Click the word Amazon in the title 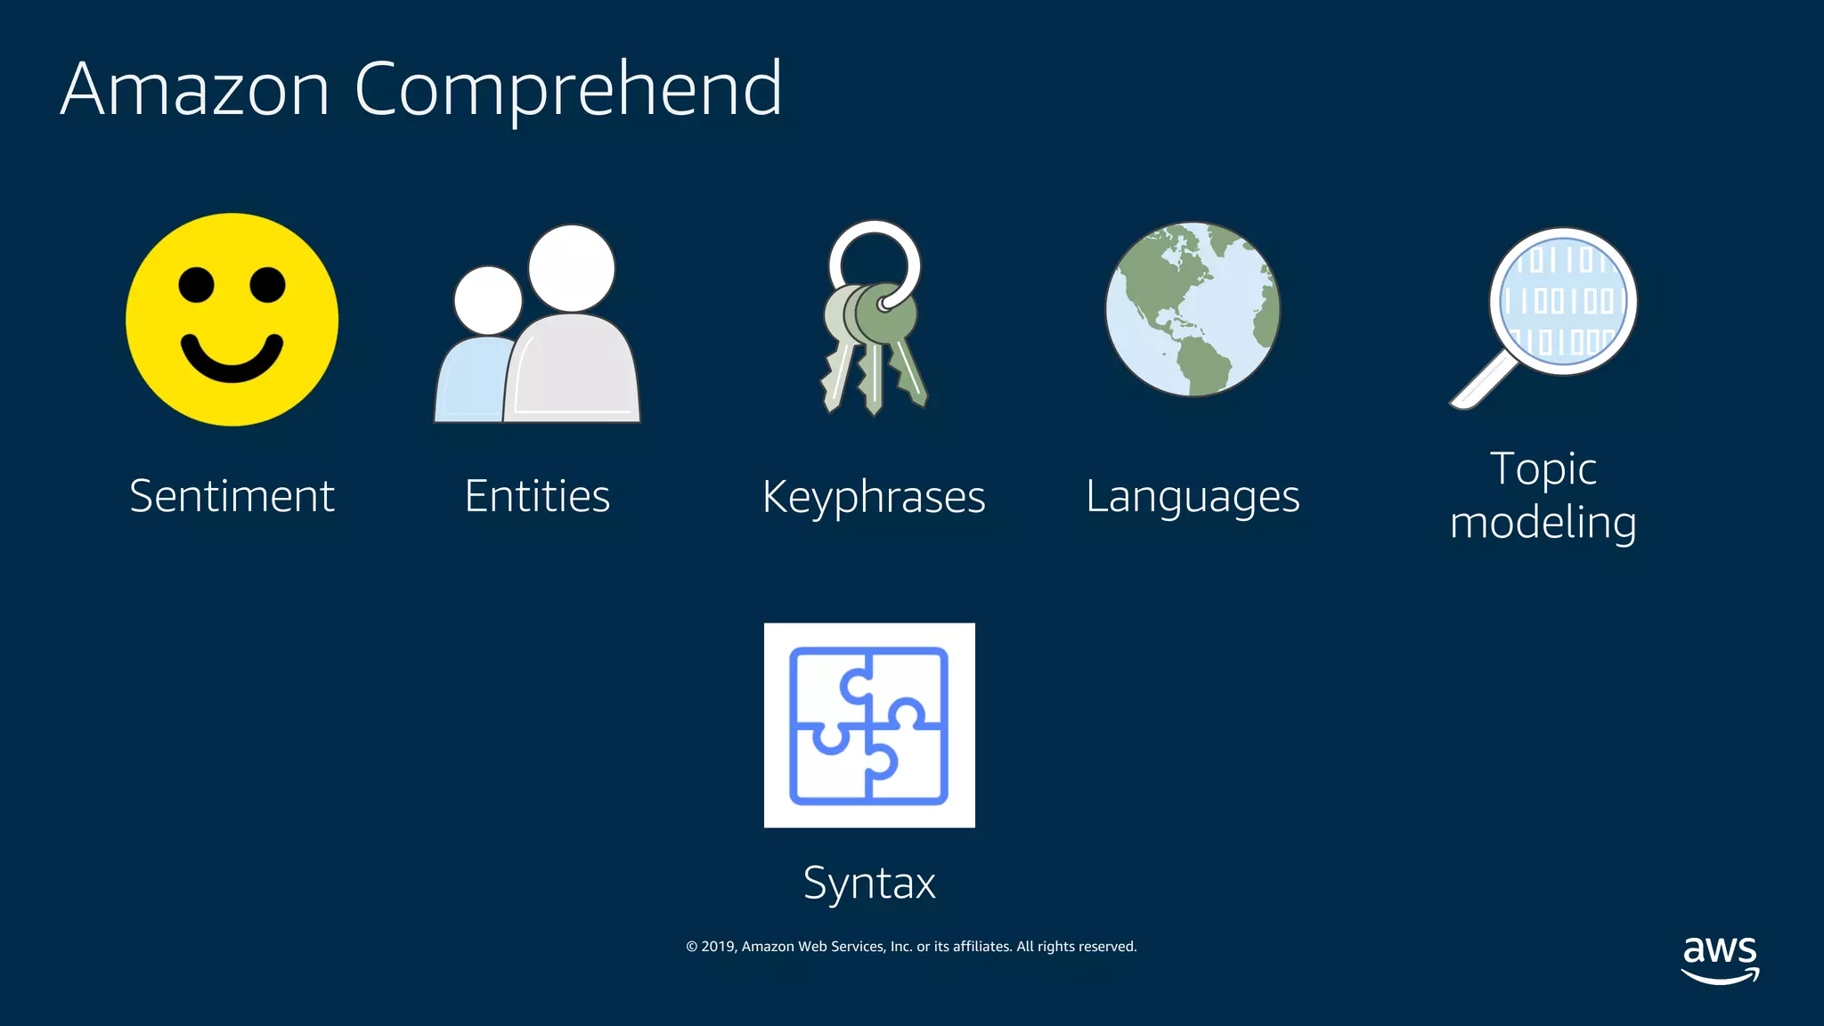point(195,89)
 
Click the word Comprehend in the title point(568,89)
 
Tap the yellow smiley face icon point(232,319)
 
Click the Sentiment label point(232,496)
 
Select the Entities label point(537,496)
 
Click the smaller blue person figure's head point(487,300)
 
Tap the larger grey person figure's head point(571,268)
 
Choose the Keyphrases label point(874,497)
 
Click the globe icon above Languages point(1193,309)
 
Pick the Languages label point(1193,497)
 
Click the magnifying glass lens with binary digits point(1563,301)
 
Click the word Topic point(1543,469)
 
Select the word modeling point(1543,523)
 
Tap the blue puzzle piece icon point(869,725)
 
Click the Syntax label point(869,883)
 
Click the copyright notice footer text point(911,947)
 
